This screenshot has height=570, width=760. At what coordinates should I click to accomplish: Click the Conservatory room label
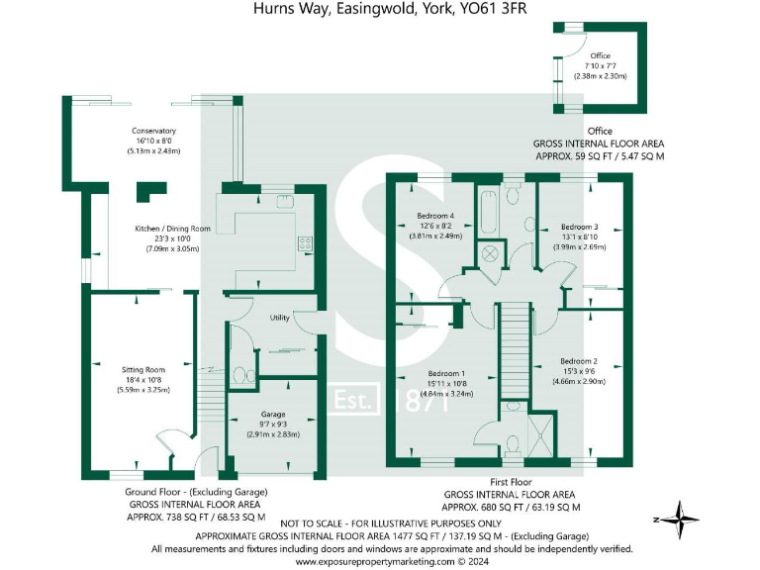click(x=153, y=131)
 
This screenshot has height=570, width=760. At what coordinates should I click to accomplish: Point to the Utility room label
click(x=279, y=318)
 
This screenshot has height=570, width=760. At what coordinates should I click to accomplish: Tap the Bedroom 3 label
click(x=579, y=226)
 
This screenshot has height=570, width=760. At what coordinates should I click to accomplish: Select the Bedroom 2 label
click(x=579, y=360)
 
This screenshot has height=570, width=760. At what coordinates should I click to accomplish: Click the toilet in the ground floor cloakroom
click(x=237, y=376)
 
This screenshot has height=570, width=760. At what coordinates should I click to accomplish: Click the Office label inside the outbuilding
click(x=600, y=56)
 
